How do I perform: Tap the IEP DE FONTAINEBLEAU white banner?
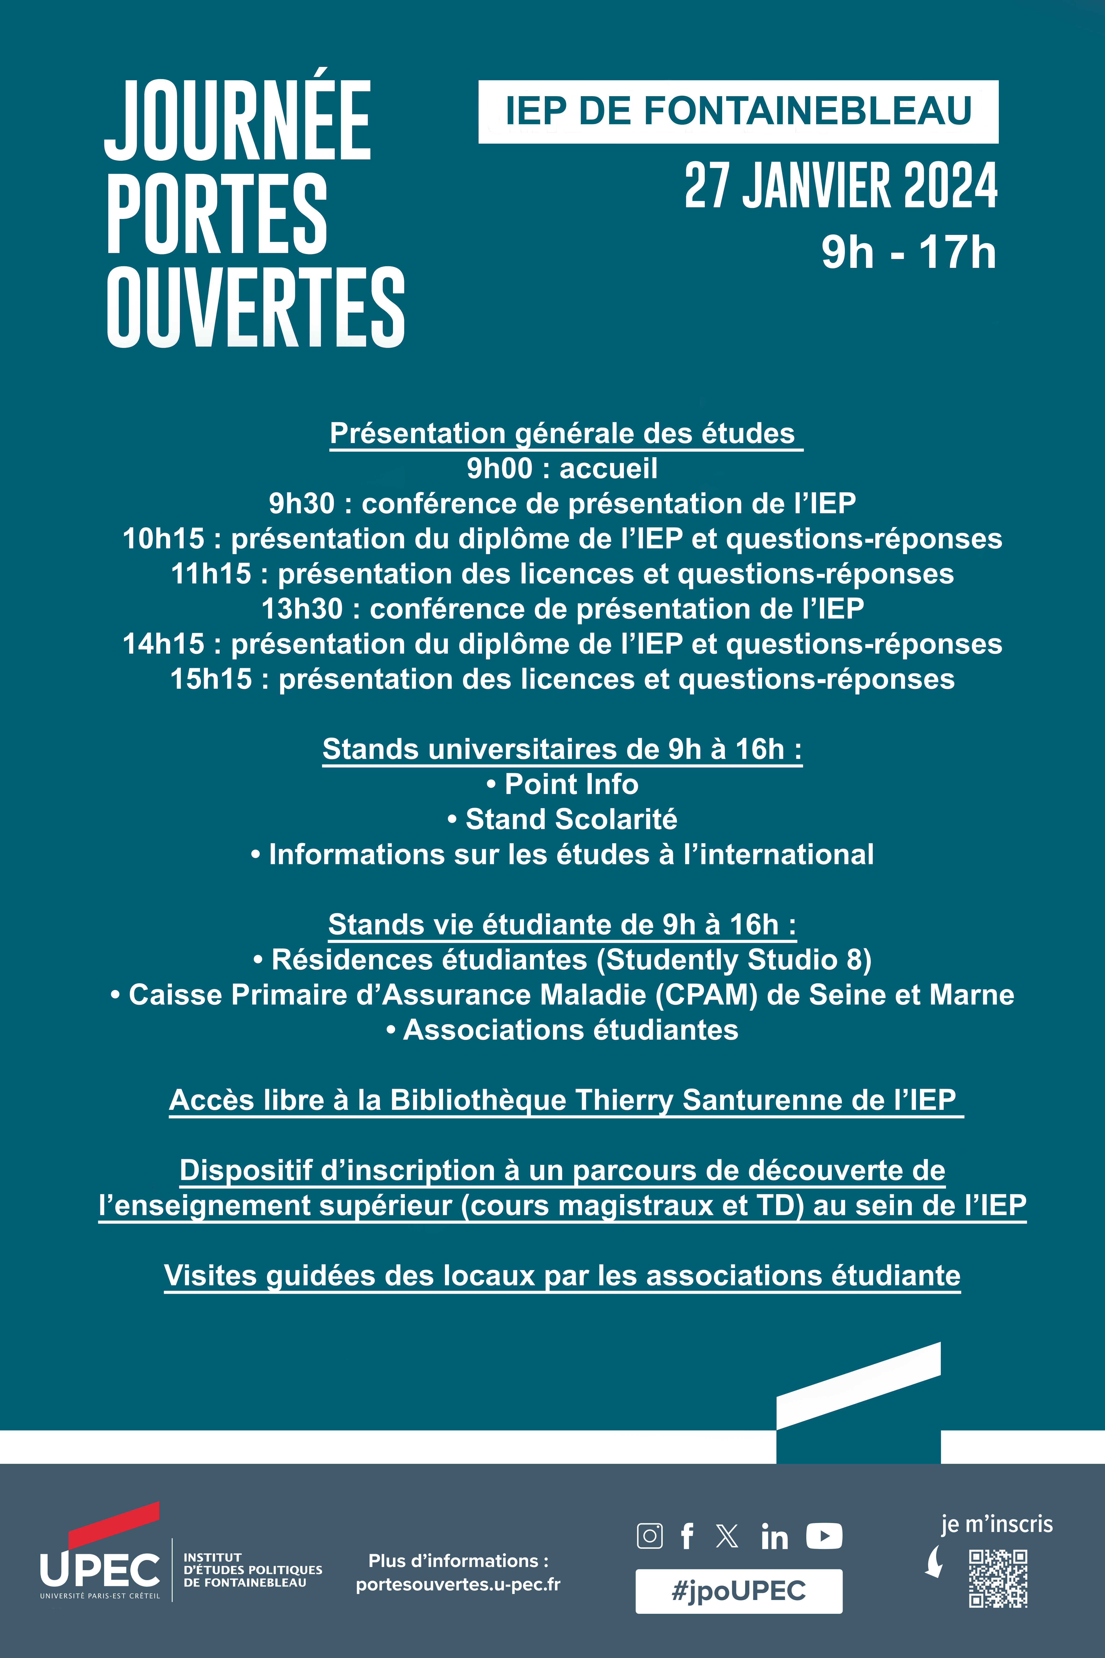(x=738, y=111)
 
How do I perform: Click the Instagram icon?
(x=649, y=1536)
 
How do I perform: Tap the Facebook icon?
(x=687, y=1536)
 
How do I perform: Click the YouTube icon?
(x=824, y=1536)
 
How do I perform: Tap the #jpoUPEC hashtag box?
(x=738, y=1591)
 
